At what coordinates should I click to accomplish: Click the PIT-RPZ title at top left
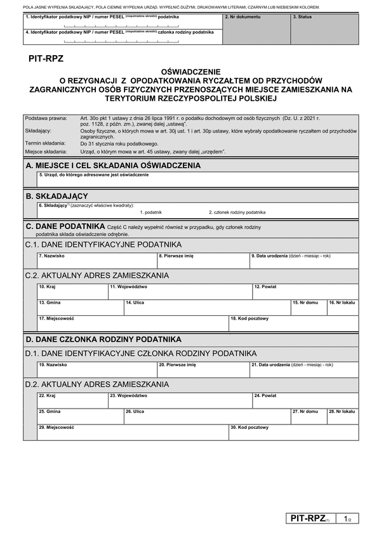tap(46, 59)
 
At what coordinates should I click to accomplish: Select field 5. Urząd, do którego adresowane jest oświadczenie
tap(197, 180)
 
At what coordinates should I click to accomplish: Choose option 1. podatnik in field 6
tap(151, 212)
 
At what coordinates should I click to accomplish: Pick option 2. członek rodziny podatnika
tap(237, 212)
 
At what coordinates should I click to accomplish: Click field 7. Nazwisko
tap(97, 261)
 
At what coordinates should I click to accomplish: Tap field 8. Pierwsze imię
tap(203, 261)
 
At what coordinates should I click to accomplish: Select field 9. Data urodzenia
tap(304, 261)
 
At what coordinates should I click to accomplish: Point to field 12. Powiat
tap(304, 291)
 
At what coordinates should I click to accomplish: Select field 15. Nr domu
tap(308, 307)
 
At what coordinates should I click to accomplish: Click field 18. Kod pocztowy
tap(293, 323)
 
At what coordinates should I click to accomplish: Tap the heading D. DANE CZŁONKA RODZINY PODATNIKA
tap(103, 339)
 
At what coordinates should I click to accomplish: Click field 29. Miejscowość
tap(132, 432)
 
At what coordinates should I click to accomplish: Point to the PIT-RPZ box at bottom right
tap(310, 518)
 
